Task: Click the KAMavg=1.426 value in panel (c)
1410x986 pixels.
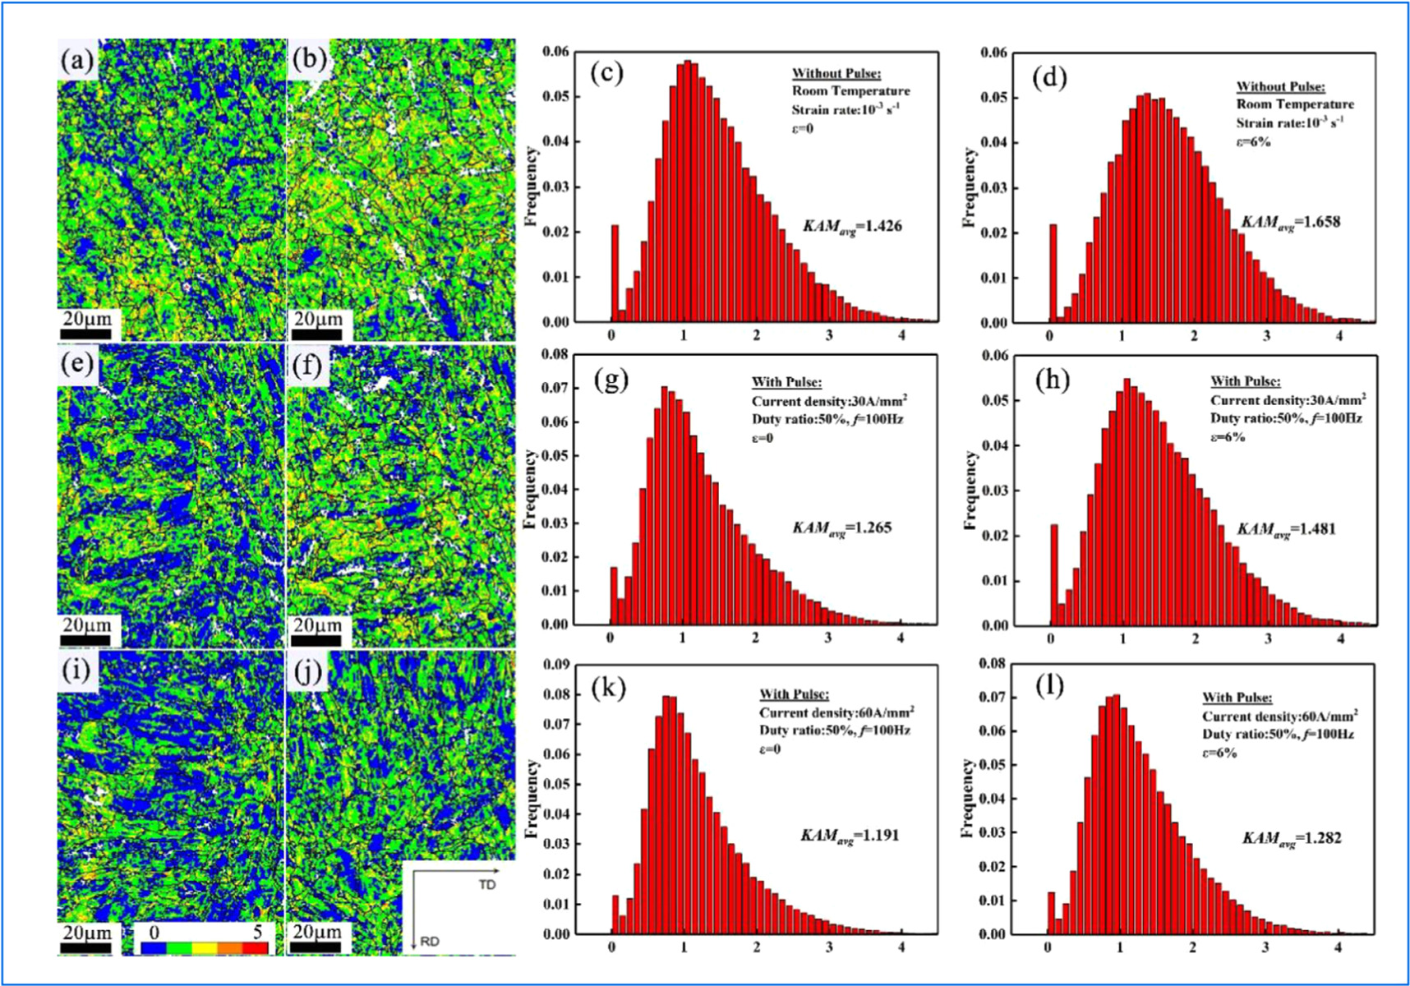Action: [x=852, y=226]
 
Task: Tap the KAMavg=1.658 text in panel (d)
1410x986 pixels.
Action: [x=1290, y=223]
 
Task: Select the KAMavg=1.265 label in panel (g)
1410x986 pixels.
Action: [x=841, y=528]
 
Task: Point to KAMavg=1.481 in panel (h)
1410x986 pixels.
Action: [x=1287, y=529]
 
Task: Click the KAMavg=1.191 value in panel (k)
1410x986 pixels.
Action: [x=850, y=836]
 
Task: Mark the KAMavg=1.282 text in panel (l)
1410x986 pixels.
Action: [x=1291, y=838]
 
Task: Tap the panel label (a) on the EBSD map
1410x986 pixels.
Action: [x=76, y=60]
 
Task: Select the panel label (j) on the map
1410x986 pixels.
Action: [x=308, y=672]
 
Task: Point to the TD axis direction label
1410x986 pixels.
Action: [x=487, y=885]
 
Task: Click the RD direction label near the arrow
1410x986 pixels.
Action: [x=429, y=942]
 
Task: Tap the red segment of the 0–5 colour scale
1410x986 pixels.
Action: [x=256, y=948]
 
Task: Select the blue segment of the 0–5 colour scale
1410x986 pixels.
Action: [x=154, y=948]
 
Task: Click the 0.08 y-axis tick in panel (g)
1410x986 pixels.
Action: [x=555, y=355]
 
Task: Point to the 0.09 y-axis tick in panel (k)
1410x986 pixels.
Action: [x=555, y=664]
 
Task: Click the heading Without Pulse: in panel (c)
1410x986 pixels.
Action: [x=836, y=73]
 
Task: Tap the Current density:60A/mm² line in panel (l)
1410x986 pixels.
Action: [x=1279, y=716]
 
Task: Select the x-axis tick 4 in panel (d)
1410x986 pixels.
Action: [x=1339, y=336]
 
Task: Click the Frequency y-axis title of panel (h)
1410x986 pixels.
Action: [x=970, y=490]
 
